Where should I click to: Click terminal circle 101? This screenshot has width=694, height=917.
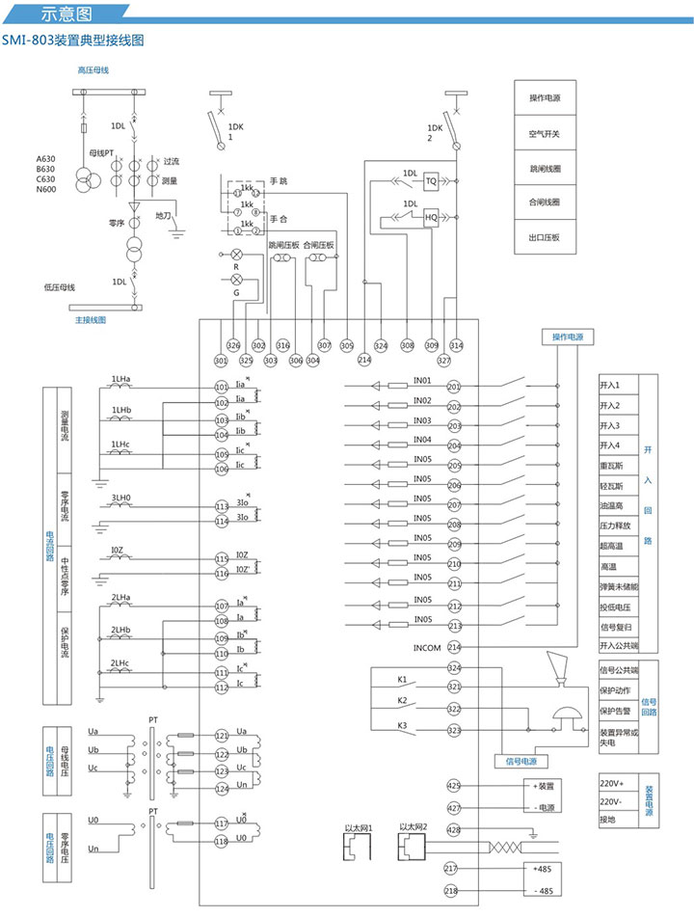click(x=222, y=386)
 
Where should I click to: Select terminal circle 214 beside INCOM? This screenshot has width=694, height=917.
click(x=454, y=647)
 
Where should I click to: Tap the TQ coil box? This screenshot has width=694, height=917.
click(x=432, y=180)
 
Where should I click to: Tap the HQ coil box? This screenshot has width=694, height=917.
click(x=432, y=218)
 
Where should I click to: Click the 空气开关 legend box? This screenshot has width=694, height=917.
click(x=545, y=133)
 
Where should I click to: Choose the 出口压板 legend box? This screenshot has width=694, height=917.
click(x=545, y=237)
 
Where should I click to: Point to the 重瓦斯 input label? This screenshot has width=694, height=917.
click(x=611, y=465)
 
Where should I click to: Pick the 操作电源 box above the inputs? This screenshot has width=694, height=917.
click(x=567, y=337)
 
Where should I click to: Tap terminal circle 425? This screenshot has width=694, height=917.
click(x=454, y=786)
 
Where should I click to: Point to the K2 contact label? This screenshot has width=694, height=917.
click(x=403, y=700)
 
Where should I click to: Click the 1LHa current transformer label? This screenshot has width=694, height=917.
click(x=121, y=378)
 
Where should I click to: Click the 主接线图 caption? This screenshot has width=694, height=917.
click(x=91, y=319)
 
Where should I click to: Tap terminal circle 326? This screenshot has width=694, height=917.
click(x=232, y=345)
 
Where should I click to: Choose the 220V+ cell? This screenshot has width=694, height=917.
click(x=612, y=783)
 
